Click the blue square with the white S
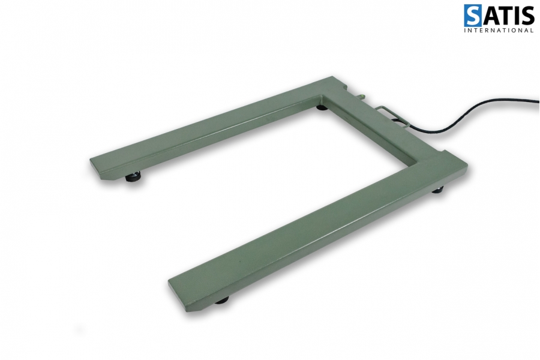click(473, 16)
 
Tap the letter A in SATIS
click(490, 16)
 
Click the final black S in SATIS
click(527, 16)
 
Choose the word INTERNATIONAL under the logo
click(499, 31)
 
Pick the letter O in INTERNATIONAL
click(515, 31)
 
